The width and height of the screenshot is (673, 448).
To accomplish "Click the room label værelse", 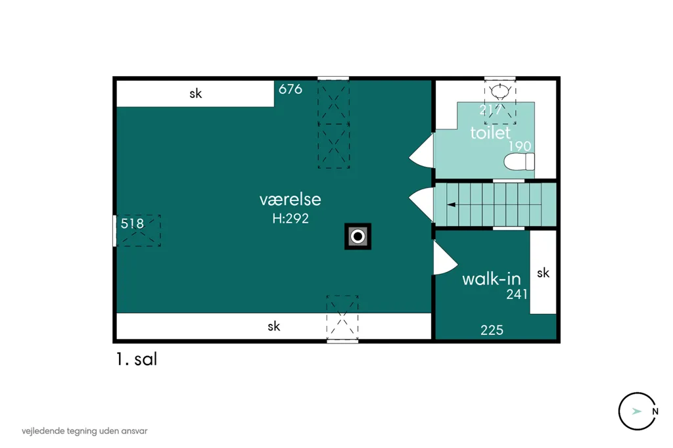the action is tap(290, 200).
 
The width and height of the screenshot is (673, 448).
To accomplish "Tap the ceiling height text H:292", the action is tap(290, 219).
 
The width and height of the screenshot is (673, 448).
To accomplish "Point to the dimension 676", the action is tap(290, 89).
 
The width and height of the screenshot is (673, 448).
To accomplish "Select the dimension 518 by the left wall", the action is tap(132, 223).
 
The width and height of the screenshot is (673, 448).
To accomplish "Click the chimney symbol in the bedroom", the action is tap(358, 236).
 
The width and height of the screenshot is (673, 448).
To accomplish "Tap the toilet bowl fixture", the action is tap(519, 162).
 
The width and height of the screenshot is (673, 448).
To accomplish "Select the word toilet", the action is tap(490, 133).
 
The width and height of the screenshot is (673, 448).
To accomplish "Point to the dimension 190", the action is tap(520, 146).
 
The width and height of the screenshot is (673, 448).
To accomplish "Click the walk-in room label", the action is tap(492, 279).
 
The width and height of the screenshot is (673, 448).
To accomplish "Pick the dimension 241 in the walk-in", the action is tap(517, 294).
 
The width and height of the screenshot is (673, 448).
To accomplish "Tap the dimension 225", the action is tap(492, 330).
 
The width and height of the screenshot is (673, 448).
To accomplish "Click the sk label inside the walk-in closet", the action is tap(543, 273).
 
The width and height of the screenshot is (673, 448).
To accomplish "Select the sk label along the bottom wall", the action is tap(274, 326).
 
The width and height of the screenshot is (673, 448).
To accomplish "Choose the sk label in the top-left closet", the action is tap(196, 93).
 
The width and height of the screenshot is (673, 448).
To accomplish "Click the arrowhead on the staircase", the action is tap(452, 205).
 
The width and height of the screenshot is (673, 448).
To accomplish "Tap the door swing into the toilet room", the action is tap(423, 151).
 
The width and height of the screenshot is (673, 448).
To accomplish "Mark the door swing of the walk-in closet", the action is tap(446, 258).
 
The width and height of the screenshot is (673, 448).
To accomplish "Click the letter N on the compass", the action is tap(655, 411).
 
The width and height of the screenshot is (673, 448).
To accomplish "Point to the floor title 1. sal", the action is tap(137, 359).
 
